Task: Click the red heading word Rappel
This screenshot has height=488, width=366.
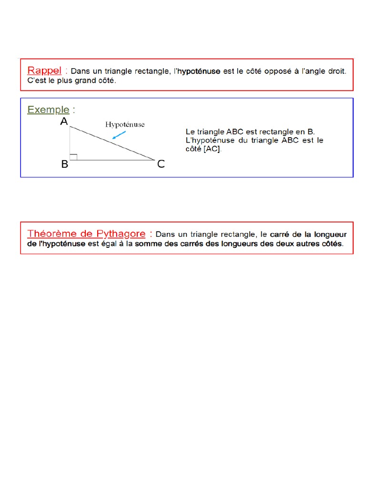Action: [44, 71]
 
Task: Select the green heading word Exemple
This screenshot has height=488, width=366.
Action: [48, 110]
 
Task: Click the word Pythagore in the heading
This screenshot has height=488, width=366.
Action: [120, 234]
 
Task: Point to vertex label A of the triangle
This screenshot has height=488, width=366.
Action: [64, 122]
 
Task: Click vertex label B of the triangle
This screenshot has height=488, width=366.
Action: [64, 164]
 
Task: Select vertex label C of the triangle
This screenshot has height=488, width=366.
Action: [161, 164]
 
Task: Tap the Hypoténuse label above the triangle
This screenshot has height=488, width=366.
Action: [124, 124]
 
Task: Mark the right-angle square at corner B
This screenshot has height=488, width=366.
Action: [73, 157]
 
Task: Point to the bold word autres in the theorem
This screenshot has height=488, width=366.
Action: [301, 244]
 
